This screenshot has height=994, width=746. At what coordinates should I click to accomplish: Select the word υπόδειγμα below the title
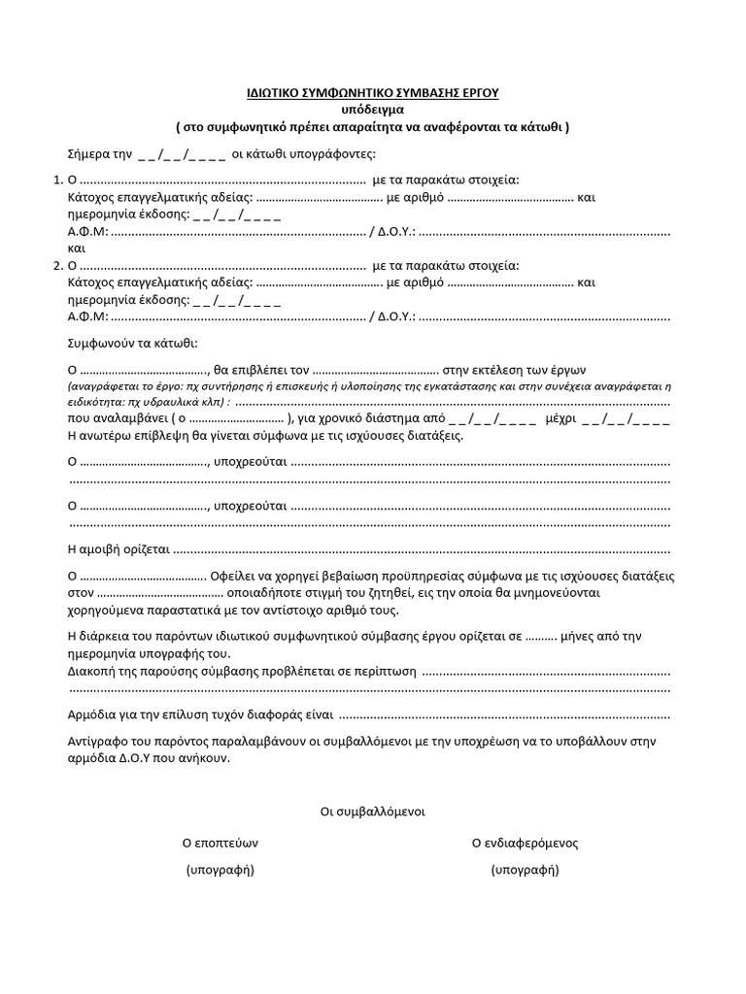[x=372, y=110]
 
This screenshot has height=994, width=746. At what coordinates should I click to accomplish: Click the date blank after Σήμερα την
[x=183, y=154]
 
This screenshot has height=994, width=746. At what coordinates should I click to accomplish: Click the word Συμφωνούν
[x=104, y=344]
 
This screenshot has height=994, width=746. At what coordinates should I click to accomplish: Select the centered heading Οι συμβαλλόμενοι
[x=372, y=811]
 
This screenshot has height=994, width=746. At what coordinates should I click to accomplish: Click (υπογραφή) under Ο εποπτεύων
[x=220, y=870]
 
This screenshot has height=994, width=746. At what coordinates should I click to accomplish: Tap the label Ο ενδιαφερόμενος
[x=525, y=843]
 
